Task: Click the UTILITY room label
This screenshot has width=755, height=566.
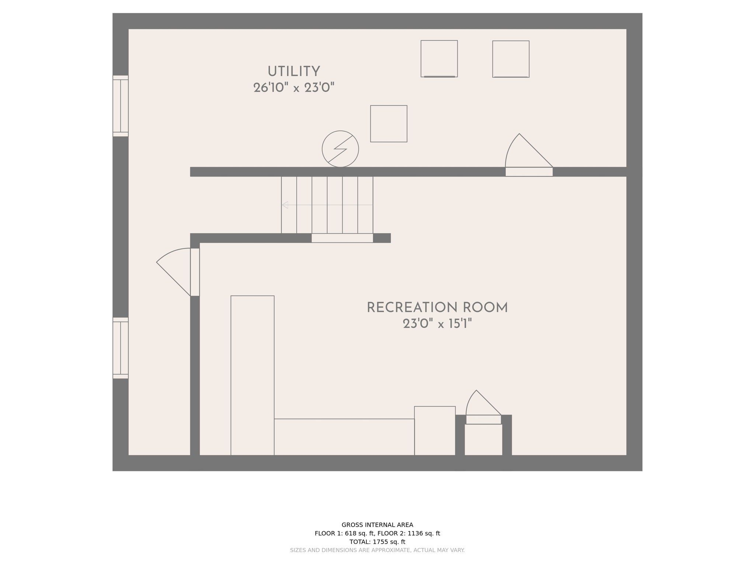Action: [x=293, y=71]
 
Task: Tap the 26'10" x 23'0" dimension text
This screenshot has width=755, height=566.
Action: [x=293, y=88]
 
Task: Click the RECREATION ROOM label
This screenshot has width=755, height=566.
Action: [x=437, y=308]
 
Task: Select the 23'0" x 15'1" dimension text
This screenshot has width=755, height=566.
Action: [x=437, y=324]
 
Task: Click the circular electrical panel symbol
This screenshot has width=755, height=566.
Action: [x=340, y=149]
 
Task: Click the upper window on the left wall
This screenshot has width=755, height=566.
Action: [x=121, y=106]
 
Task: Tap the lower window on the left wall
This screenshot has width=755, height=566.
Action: [x=121, y=348]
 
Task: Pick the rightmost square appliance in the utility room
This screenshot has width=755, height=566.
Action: [x=511, y=59]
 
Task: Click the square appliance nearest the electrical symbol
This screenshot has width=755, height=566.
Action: [x=389, y=124]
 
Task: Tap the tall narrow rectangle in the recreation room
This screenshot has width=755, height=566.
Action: [x=252, y=375]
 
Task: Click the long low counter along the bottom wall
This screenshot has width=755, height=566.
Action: [x=344, y=437]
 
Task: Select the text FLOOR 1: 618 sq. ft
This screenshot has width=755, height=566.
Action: [x=345, y=533]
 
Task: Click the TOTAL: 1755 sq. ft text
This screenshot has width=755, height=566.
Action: [x=377, y=542]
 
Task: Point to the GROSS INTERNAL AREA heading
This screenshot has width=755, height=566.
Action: [x=377, y=525]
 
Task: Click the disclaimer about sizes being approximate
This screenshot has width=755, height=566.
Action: [x=377, y=550]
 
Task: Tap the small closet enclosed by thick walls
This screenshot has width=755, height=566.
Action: [x=483, y=440]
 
